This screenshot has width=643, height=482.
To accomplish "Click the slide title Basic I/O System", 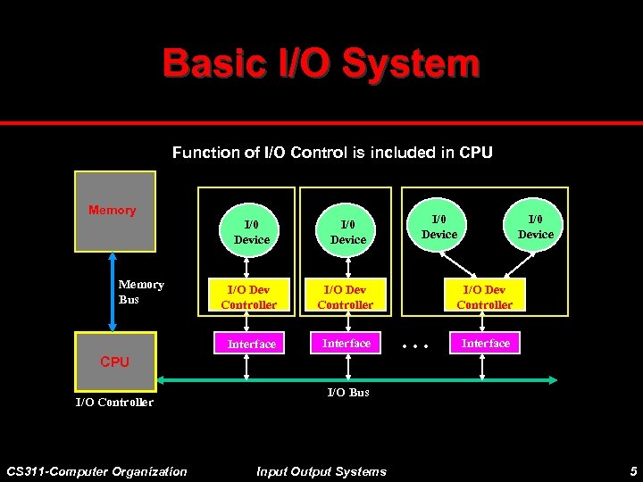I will [x=321, y=63].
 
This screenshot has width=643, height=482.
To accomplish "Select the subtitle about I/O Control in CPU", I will [x=331, y=153].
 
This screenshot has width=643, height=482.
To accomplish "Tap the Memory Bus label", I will [x=141, y=292].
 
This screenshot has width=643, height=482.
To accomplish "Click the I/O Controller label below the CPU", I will [x=113, y=402].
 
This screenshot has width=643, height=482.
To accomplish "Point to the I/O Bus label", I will [x=347, y=392].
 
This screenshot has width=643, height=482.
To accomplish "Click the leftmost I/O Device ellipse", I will [x=251, y=232].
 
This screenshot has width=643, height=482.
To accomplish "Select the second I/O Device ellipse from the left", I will [x=347, y=232].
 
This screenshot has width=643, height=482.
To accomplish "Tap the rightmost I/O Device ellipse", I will [x=536, y=227].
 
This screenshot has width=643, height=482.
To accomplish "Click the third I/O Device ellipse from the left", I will [x=438, y=227].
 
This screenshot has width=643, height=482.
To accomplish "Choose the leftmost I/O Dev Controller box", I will [x=249, y=297].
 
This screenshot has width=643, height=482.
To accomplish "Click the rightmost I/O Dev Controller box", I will [x=484, y=297].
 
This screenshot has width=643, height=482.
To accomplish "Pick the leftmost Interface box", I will [x=251, y=344].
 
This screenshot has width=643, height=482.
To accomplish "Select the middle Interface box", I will [x=346, y=344].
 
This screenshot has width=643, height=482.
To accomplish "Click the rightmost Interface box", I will [x=485, y=344].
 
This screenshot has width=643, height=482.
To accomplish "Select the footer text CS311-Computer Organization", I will [x=96, y=471].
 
